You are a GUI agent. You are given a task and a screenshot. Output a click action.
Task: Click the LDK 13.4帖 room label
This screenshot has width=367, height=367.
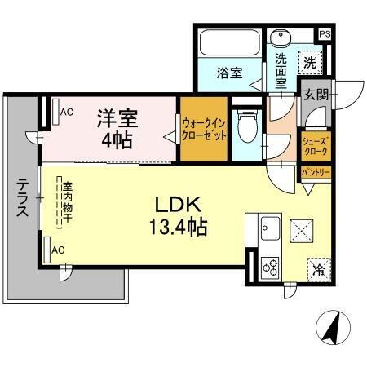[177, 214]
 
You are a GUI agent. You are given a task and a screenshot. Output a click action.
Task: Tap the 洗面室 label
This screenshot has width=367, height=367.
[281, 71]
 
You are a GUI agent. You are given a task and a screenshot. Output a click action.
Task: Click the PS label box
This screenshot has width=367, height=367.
[325, 33]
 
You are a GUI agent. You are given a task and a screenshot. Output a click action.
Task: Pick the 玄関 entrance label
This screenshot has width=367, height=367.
[316, 95]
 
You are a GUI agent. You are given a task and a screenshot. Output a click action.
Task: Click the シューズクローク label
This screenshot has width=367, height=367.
[315, 146]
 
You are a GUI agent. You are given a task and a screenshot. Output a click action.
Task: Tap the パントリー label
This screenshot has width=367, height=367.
[315, 173]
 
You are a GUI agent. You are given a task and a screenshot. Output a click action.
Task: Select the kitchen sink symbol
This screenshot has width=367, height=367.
[270, 228]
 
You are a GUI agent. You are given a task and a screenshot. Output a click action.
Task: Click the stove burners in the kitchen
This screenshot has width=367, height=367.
[269, 265]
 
